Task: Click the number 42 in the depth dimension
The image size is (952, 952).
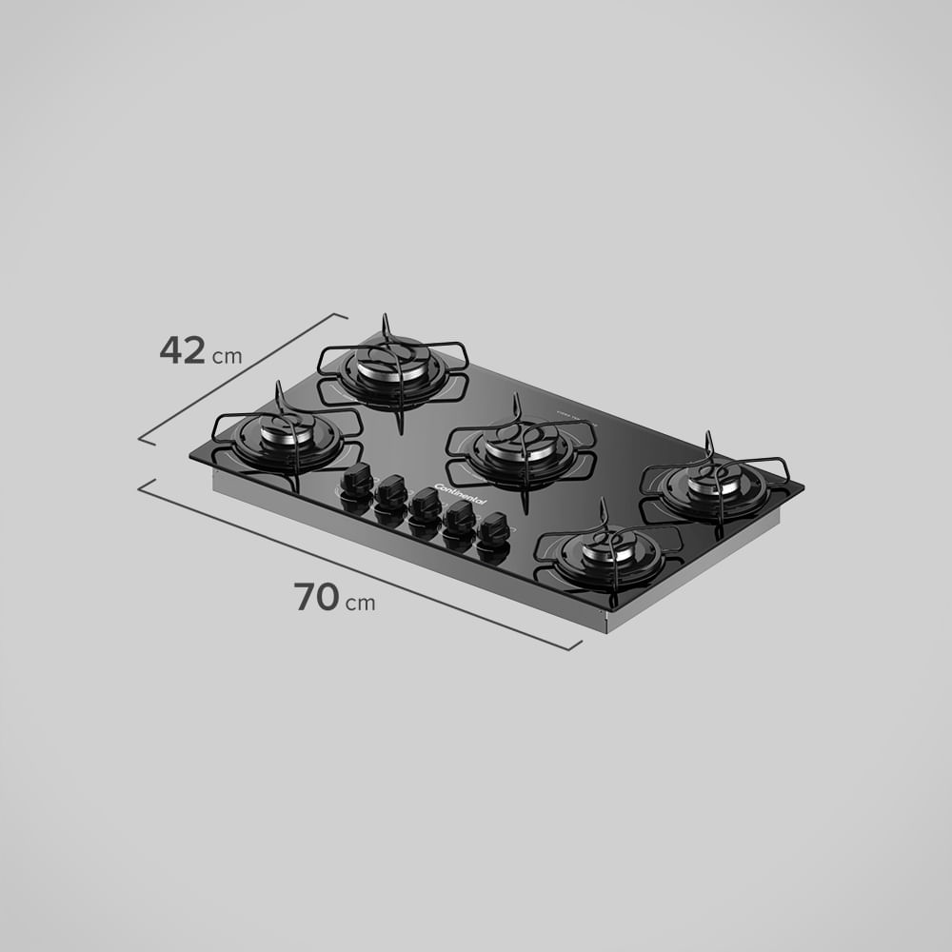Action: [182, 351]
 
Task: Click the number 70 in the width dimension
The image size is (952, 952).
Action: [316, 597]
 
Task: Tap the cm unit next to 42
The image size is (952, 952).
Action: [227, 358]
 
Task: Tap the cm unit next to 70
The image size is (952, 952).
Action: [360, 604]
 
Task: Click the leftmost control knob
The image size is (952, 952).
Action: [358, 481]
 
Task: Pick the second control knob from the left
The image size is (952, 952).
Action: [390, 491]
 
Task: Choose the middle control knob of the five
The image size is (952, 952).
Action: [426, 504]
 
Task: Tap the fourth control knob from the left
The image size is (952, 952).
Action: [460, 517]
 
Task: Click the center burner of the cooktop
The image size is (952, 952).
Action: [521, 444]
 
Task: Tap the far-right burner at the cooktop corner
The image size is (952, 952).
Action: [715, 482]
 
